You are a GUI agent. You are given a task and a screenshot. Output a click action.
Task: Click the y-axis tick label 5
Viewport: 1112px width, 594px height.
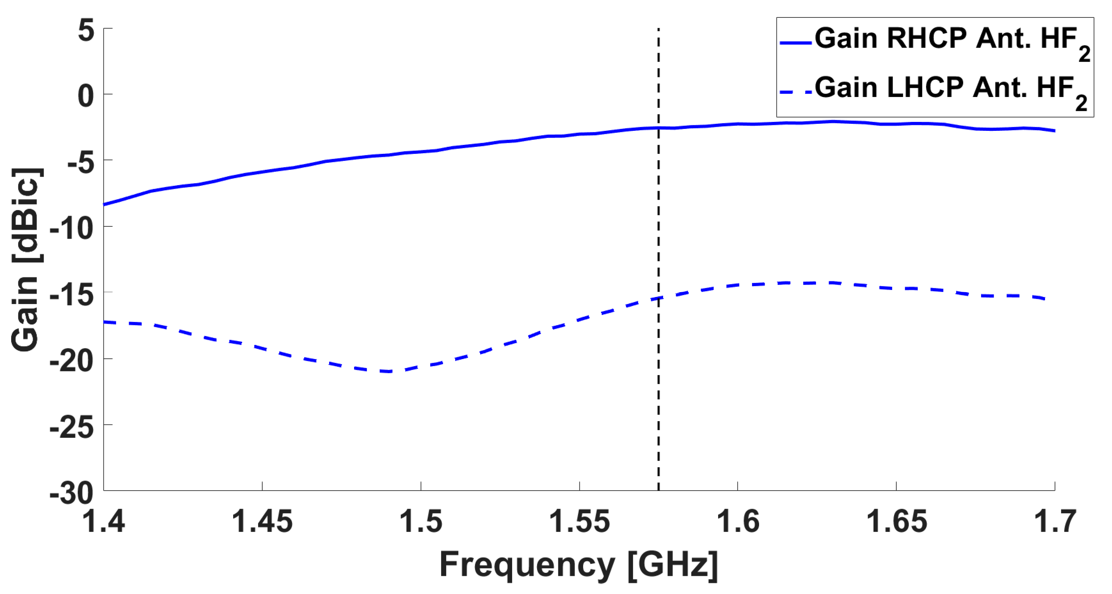click(86, 31)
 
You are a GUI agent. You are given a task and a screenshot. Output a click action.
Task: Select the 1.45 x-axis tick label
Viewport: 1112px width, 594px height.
click(262, 522)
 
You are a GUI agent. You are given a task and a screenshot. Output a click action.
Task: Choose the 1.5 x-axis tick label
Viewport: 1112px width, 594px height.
click(421, 522)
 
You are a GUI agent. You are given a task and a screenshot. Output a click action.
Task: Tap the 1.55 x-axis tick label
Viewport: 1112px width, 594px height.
click(579, 522)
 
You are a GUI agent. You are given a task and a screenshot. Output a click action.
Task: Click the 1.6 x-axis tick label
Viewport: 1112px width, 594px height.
click(738, 522)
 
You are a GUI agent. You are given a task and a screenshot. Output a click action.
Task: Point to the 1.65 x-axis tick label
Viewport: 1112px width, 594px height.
click(897, 522)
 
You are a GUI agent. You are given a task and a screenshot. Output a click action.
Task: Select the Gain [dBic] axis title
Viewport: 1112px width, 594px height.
click(26, 259)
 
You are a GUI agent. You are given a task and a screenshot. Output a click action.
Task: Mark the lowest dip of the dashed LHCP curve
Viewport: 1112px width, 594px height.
click(389, 371)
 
